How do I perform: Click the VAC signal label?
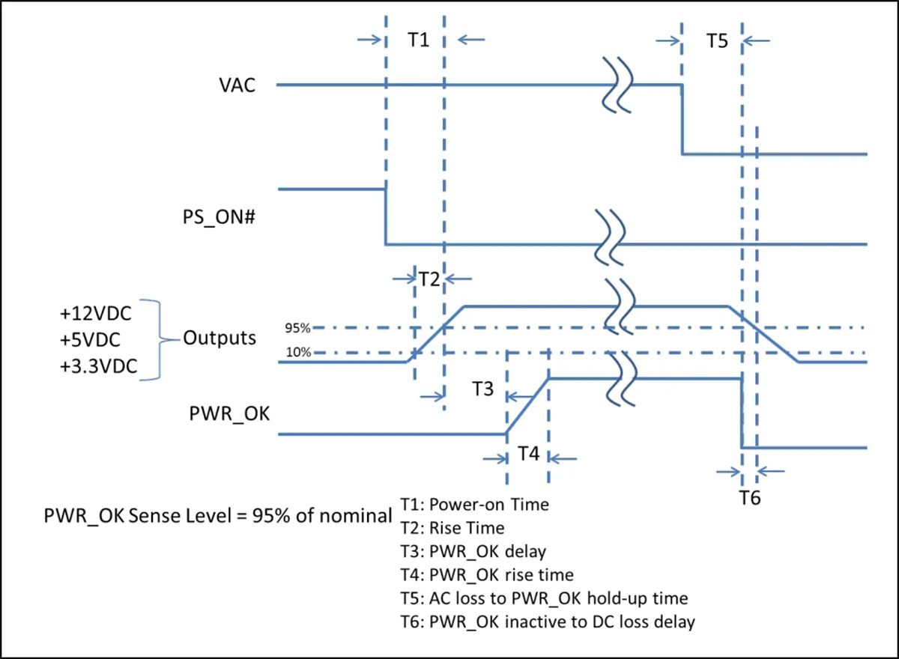click(x=237, y=85)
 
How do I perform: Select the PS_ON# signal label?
click(x=219, y=217)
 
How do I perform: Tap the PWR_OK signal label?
click(x=229, y=414)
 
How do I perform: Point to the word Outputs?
click(x=220, y=338)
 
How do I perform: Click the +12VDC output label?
click(x=96, y=313)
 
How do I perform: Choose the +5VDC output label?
click(x=90, y=340)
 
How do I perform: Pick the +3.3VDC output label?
click(x=99, y=365)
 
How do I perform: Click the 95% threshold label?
click(x=298, y=328)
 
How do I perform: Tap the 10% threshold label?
click(x=299, y=352)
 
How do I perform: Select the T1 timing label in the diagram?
click(x=419, y=40)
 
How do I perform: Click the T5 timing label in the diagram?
click(x=717, y=41)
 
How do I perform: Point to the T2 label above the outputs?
click(x=429, y=279)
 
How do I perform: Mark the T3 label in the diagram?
click(x=482, y=388)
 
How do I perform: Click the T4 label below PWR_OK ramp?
click(x=529, y=454)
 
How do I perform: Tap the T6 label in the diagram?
click(x=750, y=498)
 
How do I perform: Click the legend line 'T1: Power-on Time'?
click(x=475, y=505)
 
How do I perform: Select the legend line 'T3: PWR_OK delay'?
click(x=473, y=552)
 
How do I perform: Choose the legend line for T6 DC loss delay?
click(x=548, y=622)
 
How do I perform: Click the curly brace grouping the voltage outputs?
click(x=160, y=340)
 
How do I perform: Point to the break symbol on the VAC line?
click(x=617, y=85)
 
